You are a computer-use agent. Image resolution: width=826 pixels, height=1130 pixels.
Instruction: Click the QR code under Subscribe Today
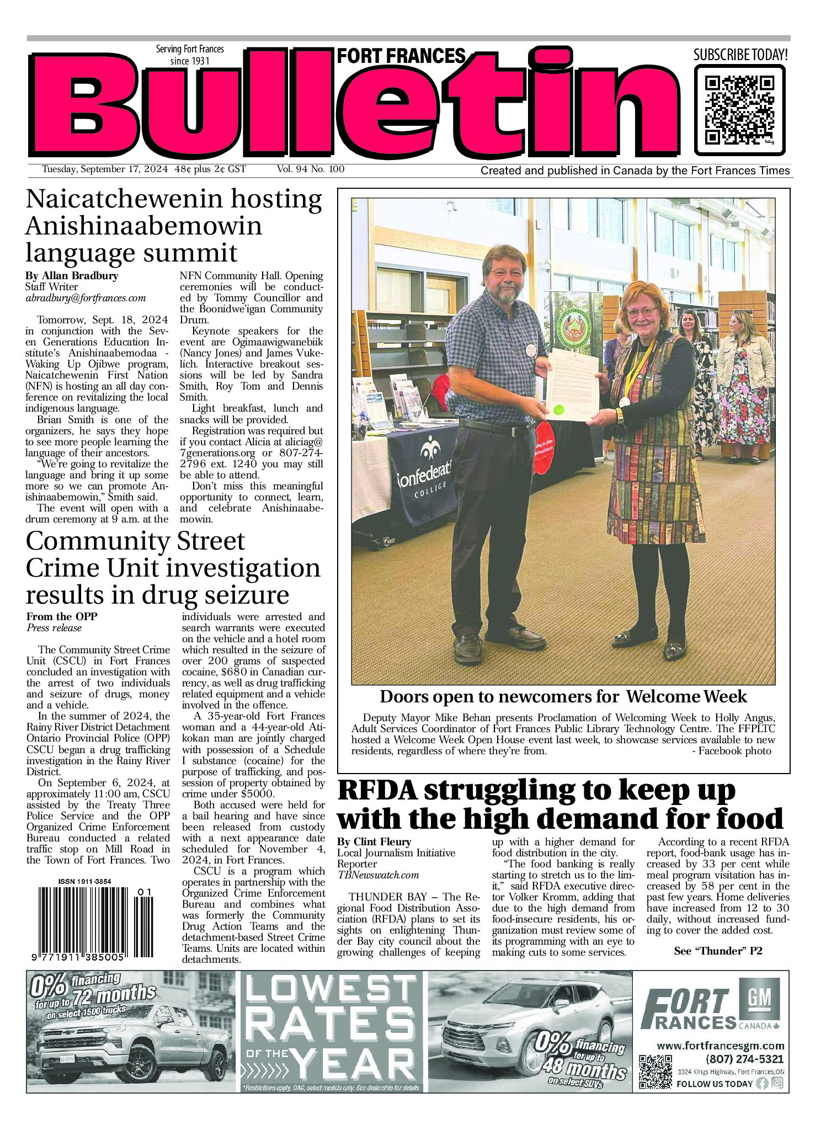pos(739,110)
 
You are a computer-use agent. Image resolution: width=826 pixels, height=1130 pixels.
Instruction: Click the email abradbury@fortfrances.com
pos(86,298)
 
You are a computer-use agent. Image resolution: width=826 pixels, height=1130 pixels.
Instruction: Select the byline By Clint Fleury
pos(374,841)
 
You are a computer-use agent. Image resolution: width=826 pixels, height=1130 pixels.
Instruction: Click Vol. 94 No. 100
pos(311,169)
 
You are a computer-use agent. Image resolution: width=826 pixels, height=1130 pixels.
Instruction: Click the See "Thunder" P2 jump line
pos(718,950)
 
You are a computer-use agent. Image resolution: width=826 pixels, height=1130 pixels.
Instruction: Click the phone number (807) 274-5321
pos(744,1059)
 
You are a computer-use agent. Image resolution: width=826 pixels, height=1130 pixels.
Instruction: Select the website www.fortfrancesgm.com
pos(720,1046)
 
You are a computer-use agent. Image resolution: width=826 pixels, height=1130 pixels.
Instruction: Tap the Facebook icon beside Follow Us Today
pos(763,1083)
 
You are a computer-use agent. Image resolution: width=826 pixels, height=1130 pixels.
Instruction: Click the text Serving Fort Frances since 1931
pos(190,55)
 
